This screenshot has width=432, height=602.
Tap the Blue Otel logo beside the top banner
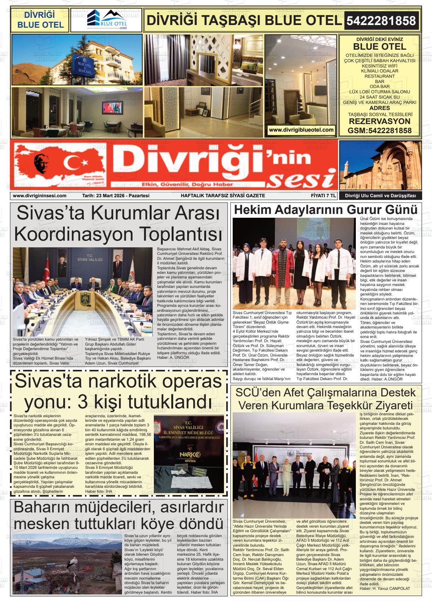tap(106, 20)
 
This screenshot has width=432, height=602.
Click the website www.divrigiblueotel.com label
tap(301, 130)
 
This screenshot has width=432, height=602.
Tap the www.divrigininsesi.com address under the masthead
tap(39, 196)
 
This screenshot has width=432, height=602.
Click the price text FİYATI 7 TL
tap(321, 196)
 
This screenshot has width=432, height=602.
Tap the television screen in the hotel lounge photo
tap(113, 108)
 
